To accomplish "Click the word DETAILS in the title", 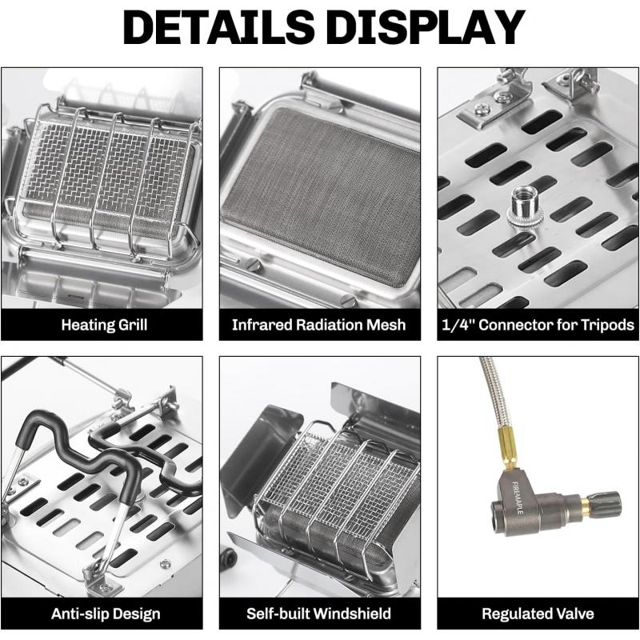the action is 218,27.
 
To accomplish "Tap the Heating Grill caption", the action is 104,325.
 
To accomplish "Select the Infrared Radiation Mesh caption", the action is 318,325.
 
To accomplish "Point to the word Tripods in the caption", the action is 607,326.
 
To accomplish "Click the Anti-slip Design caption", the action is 106,614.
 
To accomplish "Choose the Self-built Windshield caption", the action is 318,614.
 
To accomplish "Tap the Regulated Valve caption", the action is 538,614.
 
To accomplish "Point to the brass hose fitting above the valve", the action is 506,449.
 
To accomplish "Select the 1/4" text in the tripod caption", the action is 458,325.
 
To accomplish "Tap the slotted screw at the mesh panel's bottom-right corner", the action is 348,301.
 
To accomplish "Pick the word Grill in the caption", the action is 133,325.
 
